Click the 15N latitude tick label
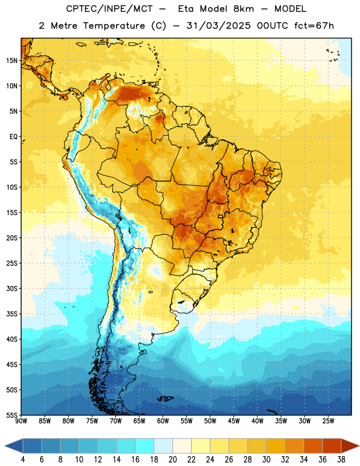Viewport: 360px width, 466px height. (x=12, y=61)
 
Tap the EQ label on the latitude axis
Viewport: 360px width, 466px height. (x=13, y=137)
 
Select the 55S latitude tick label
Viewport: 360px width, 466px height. (x=12, y=415)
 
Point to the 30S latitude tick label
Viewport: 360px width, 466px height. (x=12, y=288)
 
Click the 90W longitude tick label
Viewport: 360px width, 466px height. (x=21, y=421)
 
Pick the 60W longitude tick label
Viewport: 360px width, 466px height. (x=163, y=421)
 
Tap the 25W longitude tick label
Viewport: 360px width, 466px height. (x=328, y=421)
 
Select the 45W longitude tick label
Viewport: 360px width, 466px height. (x=234, y=421)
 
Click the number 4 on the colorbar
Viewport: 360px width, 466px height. (x=23, y=460)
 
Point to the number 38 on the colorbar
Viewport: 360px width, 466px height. (x=341, y=460)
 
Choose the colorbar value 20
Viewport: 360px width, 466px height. (x=172, y=460)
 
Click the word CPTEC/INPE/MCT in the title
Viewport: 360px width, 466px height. (x=109, y=9)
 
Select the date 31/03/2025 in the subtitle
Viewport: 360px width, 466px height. (x=218, y=26)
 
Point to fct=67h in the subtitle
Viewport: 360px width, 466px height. (x=314, y=26)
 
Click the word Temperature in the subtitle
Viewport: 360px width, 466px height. (x=114, y=26)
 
